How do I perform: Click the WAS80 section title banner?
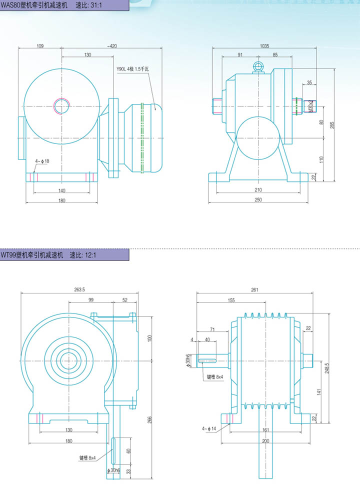(64, 5)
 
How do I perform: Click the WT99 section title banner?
(64, 255)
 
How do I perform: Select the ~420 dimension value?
(112, 46)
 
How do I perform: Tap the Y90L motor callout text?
(132, 69)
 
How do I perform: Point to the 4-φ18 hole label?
(42, 161)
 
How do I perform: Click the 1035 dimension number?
(264, 46)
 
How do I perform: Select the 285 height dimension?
(332, 125)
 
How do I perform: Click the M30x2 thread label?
(310, 106)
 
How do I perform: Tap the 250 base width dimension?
(258, 200)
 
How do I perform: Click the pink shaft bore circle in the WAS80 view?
(61, 106)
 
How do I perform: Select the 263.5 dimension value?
(79, 289)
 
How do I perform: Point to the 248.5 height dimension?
(327, 368)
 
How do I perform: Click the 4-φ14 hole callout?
(209, 428)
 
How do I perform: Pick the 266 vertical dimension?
(149, 419)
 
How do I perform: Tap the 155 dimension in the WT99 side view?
(231, 300)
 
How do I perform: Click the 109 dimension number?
(40, 46)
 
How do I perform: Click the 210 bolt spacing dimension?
(258, 190)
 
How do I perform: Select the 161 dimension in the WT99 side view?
(266, 430)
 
